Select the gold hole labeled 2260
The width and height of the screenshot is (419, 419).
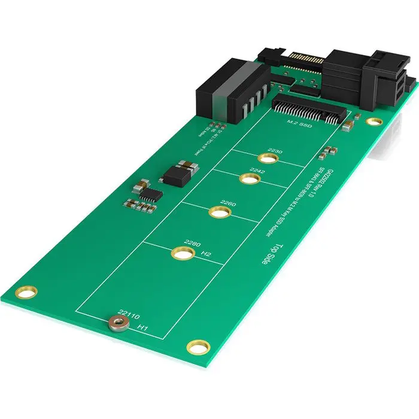(x=220, y=212)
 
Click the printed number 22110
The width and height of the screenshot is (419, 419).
(x=129, y=312)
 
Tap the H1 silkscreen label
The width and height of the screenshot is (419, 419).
(x=142, y=327)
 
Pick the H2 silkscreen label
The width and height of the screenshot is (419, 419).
(x=206, y=254)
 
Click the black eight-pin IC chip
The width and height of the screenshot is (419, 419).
(x=153, y=194)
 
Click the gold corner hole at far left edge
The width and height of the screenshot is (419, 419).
(x=26, y=293)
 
